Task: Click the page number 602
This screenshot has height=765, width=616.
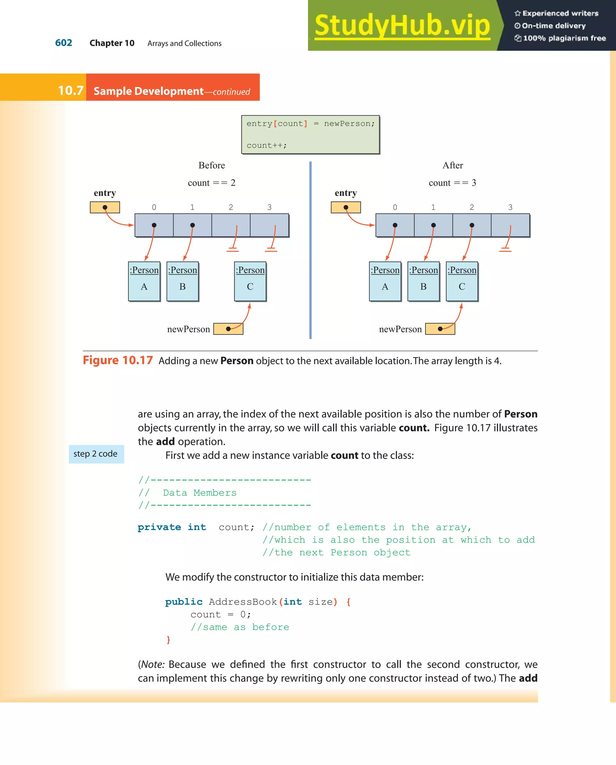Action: click(x=63, y=43)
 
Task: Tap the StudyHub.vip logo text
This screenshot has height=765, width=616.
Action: click(x=402, y=25)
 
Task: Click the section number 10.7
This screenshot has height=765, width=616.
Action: click(x=70, y=90)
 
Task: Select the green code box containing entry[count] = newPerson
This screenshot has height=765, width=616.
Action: click(x=310, y=134)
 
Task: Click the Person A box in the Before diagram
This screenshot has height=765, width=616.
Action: click(x=144, y=281)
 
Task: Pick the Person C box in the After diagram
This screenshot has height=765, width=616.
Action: click(x=462, y=281)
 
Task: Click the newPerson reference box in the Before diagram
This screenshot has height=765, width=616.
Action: click(x=228, y=329)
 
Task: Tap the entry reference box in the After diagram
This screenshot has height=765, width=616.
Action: click(x=346, y=207)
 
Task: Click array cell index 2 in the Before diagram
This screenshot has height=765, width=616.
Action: click(x=231, y=225)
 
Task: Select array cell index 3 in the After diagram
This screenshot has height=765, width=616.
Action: click(x=510, y=225)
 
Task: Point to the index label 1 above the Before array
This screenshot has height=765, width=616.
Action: click(x=192, y=207)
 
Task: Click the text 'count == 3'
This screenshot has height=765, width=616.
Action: click(x=452, y=183)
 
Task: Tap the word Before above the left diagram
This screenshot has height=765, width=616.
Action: click(x=212, y=165)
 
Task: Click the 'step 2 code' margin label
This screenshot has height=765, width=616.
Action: click(x=96, y=454)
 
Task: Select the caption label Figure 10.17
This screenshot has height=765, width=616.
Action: click(x=118, y=360)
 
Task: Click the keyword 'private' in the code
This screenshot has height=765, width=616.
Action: click(x=159, y=527)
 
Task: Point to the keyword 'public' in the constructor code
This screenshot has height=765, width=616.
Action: click(x=183, y=602)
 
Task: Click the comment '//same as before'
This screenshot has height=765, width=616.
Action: click(x=240, y=627)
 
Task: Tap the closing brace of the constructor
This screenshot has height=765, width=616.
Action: click(x=168, y=640)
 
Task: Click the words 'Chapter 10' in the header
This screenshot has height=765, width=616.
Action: click(x=112, y=43)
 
